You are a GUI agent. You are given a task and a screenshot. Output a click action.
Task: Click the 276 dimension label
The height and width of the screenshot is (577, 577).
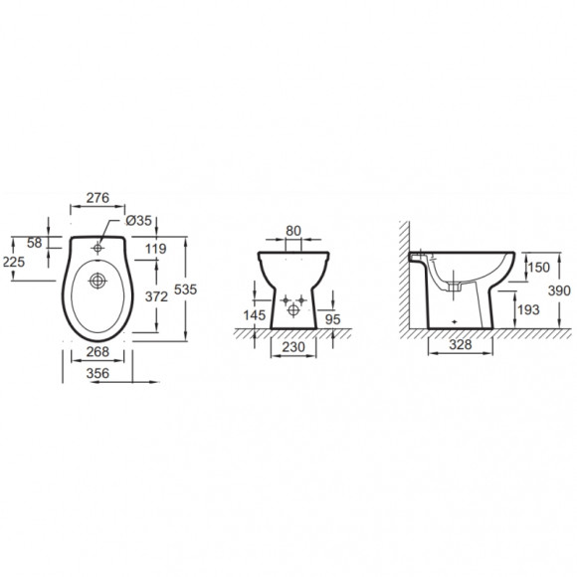tap(97, 198)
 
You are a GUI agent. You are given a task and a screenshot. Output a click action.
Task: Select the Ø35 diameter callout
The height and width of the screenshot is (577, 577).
tap(138, 221)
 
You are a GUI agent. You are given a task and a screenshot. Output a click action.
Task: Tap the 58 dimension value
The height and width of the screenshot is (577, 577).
tap(35, 243)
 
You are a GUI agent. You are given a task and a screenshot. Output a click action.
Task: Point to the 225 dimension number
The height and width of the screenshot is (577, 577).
tap(14, 262)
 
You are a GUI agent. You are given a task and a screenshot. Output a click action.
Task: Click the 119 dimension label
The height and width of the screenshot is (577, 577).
tap(155, 249)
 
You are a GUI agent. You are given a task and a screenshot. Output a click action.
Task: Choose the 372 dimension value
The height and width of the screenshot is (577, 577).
tap(156, 296)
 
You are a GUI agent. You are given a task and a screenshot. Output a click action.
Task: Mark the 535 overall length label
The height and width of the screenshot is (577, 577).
tap(185, 289)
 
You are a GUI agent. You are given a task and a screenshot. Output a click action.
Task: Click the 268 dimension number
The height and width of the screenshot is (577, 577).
tap(97, 352)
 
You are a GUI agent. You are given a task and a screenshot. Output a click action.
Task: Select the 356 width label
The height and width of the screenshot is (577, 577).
tap(97, 373)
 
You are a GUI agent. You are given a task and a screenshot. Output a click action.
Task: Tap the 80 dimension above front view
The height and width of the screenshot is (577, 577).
tap(293, 231)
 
